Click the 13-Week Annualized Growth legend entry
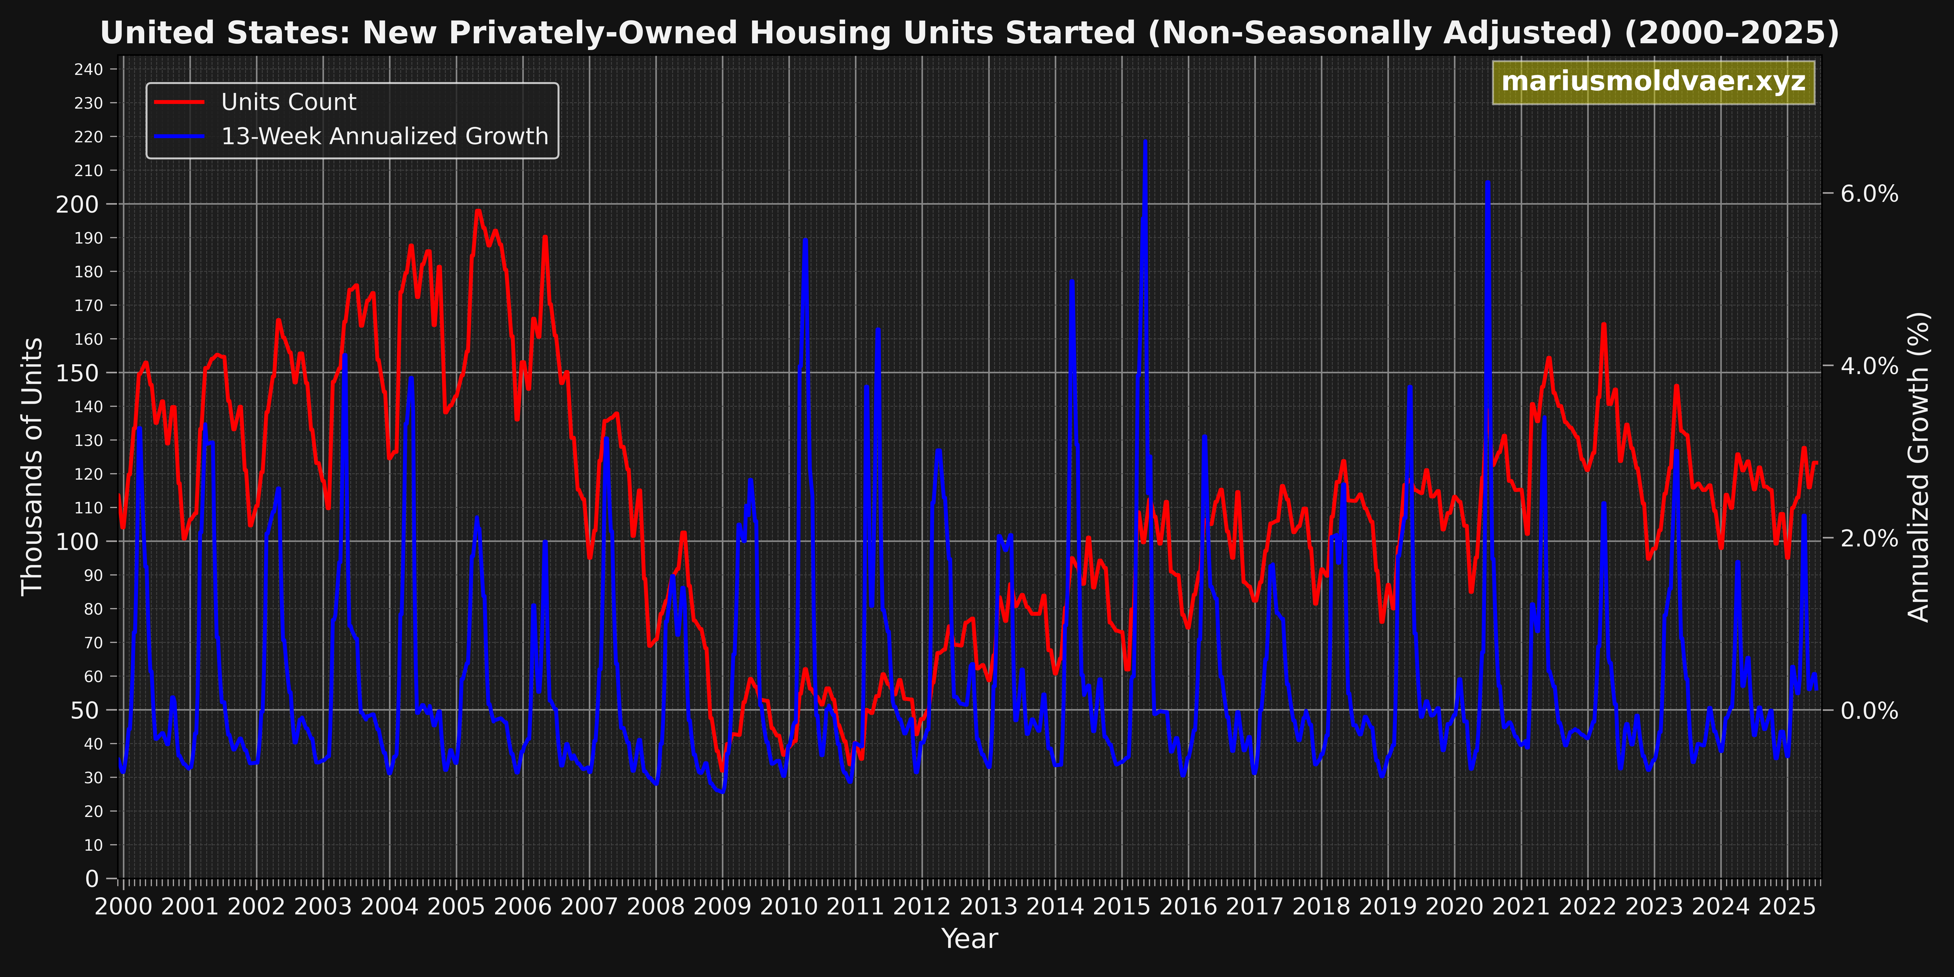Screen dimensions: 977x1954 click(x=384, y=137)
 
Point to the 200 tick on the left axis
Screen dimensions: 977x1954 click(x=77, y=204)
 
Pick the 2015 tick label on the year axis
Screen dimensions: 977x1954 click(x=1121, y=907)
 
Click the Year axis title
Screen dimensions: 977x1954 click(x=969, y=939)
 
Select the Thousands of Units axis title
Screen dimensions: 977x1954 click(x=32, y=466)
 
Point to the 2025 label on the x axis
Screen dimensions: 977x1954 click(x=1787, y=907)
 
